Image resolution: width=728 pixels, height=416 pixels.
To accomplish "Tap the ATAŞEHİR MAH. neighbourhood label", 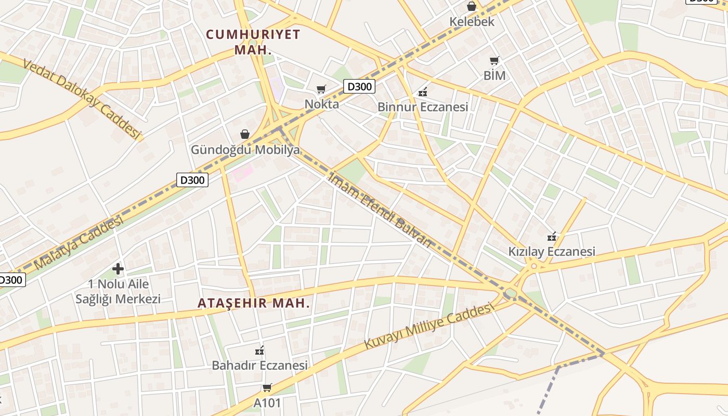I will click(x=254, y=303).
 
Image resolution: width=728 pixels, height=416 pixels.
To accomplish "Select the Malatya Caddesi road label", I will click(x=79, y=243).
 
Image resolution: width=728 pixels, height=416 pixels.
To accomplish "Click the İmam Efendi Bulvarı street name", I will click(x=380, y=209).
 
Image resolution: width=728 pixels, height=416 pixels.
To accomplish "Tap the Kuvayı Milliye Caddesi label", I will click(x=428, y=327).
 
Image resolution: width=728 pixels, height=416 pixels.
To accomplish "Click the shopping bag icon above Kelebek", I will click(x=472, y=7).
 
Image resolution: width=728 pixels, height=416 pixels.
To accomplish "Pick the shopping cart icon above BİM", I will click(x=494, y=60).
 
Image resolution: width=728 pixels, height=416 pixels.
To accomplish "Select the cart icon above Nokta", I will click(x=321, y=89).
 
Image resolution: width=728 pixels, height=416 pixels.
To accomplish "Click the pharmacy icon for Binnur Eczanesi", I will click(x=423, y=92).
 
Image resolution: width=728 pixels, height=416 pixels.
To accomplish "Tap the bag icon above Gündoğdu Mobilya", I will click(x=245, y=134).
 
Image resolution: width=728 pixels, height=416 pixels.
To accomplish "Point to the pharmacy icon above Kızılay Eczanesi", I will click(x=552, y=237).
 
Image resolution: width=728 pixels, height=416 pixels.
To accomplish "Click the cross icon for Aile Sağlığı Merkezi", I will click(x=118, y=269).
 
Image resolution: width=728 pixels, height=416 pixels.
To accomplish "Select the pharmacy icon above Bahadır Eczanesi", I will click(x=259, y=350).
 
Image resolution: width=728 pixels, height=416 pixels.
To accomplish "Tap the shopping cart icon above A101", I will click(x=267, y=387).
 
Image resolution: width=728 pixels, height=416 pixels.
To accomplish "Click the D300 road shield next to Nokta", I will click(x=359, y=86).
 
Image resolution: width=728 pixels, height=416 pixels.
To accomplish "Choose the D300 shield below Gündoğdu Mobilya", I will click(x=192, y=180).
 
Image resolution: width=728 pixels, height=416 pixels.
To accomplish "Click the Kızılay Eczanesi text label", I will click(x=552, y=252).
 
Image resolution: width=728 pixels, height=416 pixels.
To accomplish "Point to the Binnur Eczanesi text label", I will click(x=423, y=107).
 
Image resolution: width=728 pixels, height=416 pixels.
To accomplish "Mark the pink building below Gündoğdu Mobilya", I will click(x=242, y=172).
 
